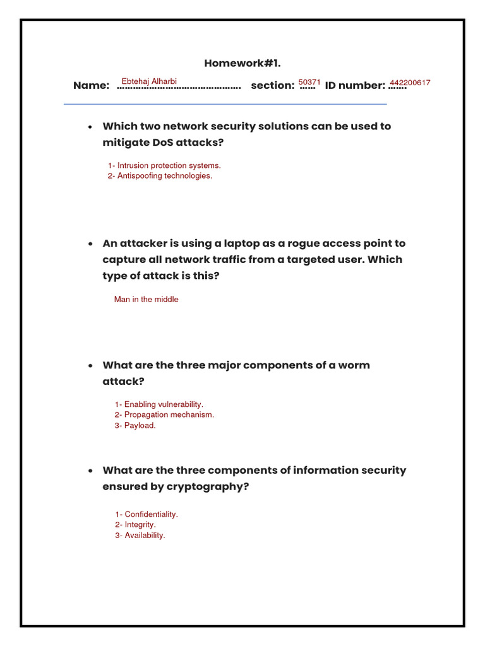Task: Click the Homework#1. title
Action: (x=242, y=63)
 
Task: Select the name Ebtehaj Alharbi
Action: (x=148, y=81)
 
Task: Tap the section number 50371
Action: (x=309, y=82)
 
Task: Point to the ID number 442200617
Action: (x=410, y=83)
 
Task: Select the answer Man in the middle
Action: (x=146, y=300)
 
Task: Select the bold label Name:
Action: (x=91, y=86)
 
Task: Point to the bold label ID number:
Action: (x=355, y=86)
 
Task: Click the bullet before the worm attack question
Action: (x=90, y=366)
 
